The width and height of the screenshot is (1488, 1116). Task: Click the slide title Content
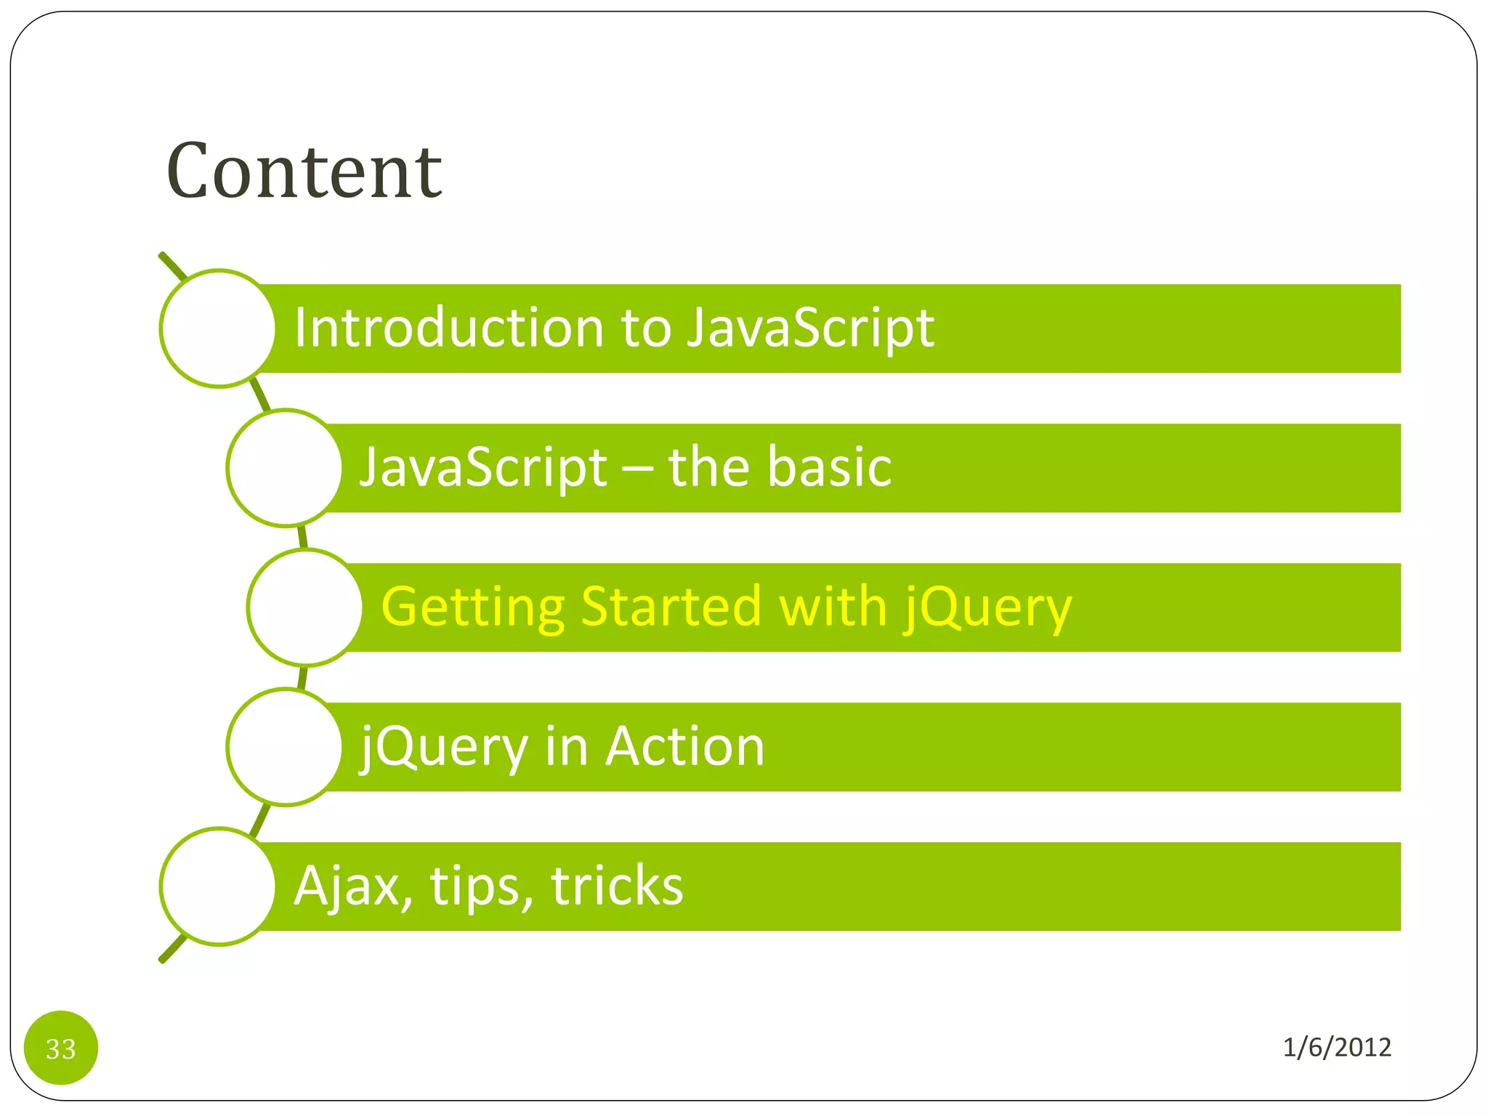click(304, 171)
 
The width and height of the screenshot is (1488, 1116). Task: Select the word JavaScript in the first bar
click(810, 328)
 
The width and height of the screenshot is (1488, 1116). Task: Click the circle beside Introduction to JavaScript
click(218, 328)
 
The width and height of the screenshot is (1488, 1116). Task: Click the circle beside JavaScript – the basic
click(285, 468)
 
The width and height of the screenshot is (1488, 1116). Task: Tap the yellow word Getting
click(472, 607)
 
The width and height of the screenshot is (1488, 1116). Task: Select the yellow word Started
click(671, 606)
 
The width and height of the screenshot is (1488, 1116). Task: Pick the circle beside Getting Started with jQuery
click(305, 607)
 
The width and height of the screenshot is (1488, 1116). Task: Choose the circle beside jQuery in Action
click(285, 747)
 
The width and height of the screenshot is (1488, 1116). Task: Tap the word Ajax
click(347, 886)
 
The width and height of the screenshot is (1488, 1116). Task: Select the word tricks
click(617, 886)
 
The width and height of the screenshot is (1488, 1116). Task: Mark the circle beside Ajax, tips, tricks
click(218, 886)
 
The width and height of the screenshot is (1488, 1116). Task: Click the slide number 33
click(61, 1048)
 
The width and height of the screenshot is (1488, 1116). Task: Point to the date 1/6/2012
click(1336, 1047)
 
